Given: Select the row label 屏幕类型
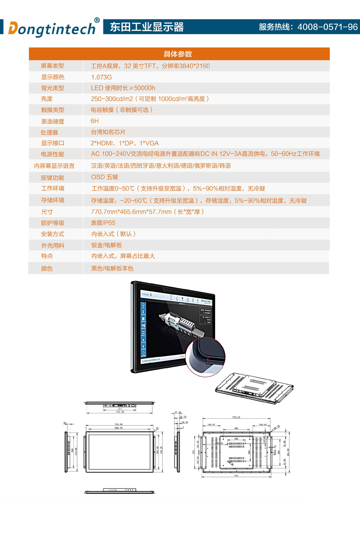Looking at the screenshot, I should tap(52, 66).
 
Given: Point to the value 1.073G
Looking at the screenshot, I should tap(101, 77).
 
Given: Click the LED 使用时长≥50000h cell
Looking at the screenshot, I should tap(123, 88).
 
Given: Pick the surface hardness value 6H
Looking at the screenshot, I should tap(95, 121).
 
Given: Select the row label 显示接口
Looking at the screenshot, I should tap(52, 143).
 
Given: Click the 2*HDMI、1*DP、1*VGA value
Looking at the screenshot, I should tap(125, 143).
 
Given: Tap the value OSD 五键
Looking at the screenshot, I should tap(104, 177).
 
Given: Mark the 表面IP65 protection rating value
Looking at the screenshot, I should tap(103, 223).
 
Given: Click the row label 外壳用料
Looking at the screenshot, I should tap(52, 245).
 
